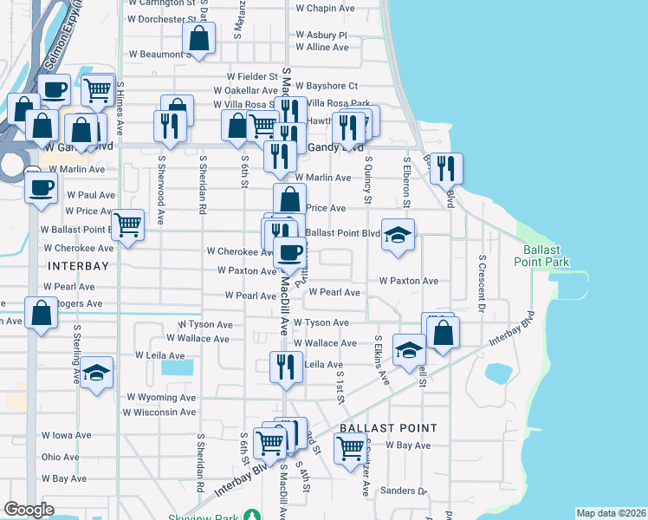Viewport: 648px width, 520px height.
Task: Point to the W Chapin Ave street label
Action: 326,8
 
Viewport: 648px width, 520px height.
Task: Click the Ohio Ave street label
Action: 60,457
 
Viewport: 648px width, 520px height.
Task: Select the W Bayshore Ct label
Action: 326,86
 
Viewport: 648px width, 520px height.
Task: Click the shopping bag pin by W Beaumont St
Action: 199,39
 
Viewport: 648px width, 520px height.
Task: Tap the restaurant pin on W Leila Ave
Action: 282,367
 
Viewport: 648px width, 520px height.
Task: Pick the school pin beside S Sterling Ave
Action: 97,374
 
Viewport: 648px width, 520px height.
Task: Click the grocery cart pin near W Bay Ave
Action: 349,450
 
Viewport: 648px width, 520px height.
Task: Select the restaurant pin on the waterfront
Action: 447,168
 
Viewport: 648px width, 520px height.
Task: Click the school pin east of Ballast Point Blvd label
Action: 398,235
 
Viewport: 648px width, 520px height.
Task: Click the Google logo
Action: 29,510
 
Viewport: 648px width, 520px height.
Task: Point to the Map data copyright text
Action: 611,513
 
